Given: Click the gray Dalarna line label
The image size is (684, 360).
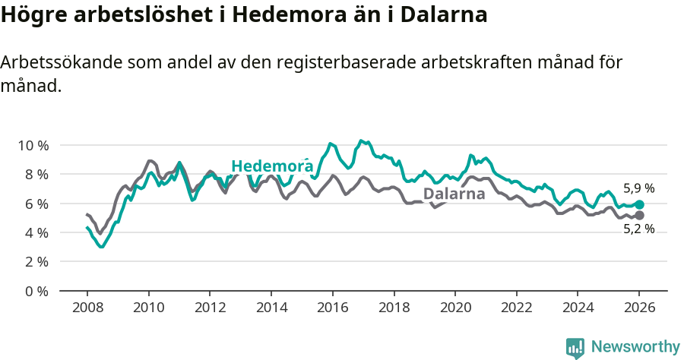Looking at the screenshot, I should tap(454, 194).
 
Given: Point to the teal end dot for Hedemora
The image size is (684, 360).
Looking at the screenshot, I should tap(639, 204).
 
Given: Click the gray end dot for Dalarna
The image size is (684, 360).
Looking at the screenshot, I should tap(639, 216).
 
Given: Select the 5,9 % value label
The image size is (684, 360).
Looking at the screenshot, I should tap(638, 188).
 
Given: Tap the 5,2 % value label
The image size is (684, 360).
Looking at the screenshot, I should tap(638, 229).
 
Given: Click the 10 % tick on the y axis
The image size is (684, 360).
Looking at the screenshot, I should tap(33, 145).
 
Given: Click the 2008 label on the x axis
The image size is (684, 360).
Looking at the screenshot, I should tap(87, 308).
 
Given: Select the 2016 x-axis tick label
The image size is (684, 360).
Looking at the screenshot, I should tap(332, 308).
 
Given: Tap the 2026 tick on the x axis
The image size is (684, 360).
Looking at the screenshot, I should tap(639, 308).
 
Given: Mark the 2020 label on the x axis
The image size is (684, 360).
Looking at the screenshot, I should tap(454, 308).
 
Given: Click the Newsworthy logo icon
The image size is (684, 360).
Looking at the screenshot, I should tap(575, 347).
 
